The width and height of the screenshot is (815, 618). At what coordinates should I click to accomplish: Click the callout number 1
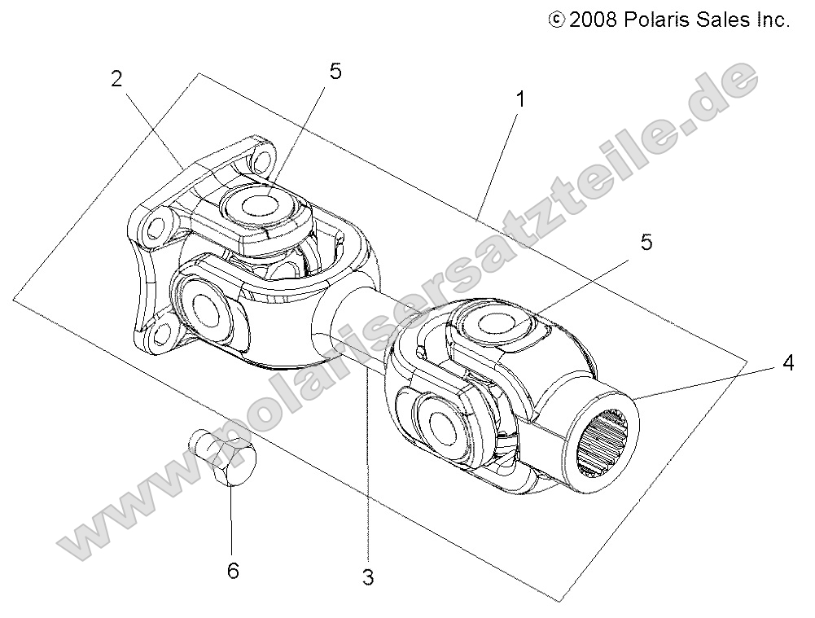tap(519, 100)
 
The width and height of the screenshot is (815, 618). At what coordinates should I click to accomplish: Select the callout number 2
tap(117, 79)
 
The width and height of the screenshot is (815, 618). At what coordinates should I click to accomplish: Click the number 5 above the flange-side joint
tap(335, 72)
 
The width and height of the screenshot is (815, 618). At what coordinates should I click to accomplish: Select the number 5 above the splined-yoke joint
tap(646, 243)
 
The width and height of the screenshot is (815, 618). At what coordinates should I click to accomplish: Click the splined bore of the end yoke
tap(607, 442)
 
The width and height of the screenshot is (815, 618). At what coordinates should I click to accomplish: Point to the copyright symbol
tap(557, 20)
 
